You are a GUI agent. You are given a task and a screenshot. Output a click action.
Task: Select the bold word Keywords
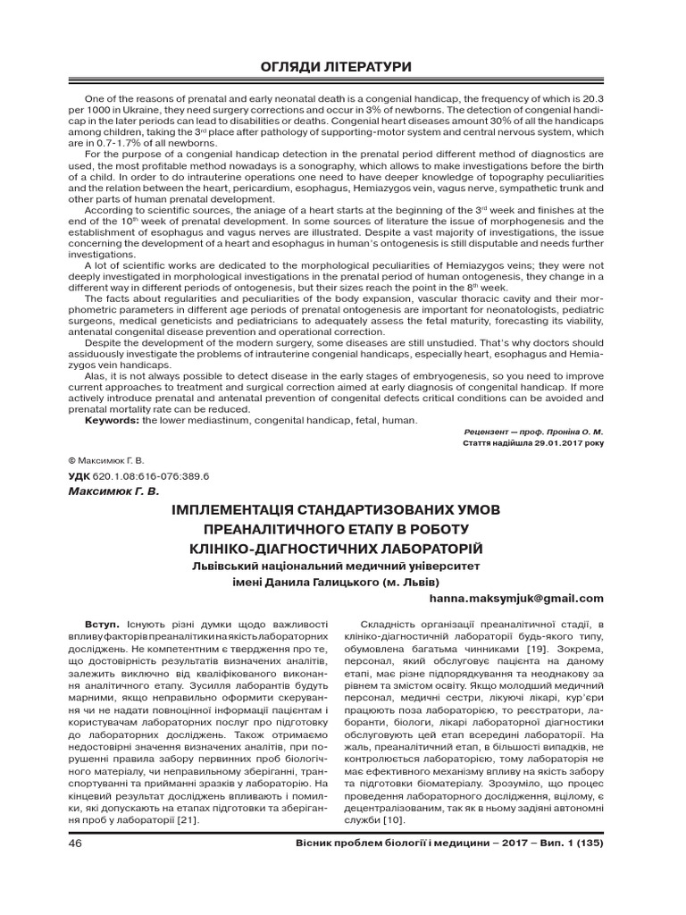(x=112, y=420)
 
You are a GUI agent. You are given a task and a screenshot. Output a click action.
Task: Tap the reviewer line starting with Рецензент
(x=528, y=430)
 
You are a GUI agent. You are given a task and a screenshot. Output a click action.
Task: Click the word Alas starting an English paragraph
(x=96, y=377)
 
